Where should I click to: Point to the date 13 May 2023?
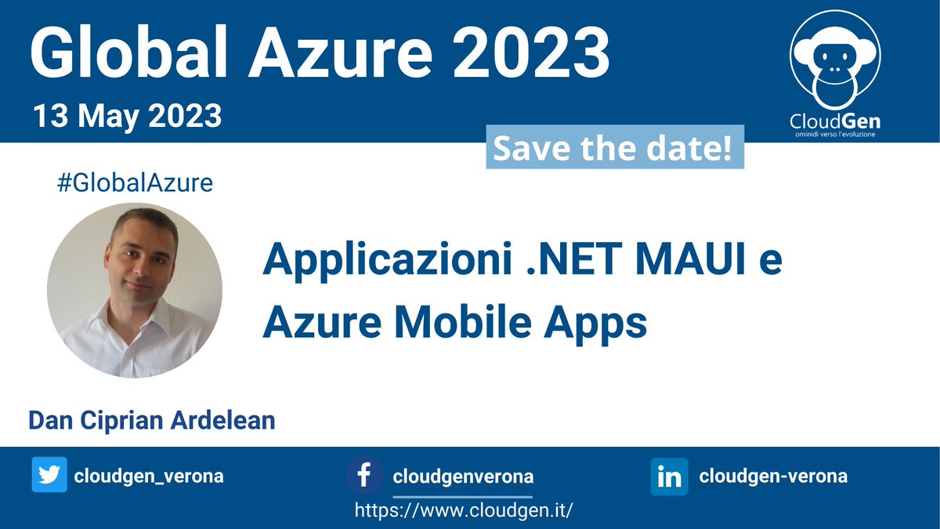click(x=127, y=117)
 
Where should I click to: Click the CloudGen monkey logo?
click(x=835, y=63)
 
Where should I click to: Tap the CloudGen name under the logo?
click(x=834, y=121)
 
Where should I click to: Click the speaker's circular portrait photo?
click(x=135, y=290)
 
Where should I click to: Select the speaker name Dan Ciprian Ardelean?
click(x=152, y=420)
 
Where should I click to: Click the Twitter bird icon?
click(x=49, y=476)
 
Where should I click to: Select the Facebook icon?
click(x=364, y=476)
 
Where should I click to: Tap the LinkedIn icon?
click(x=669, y=476)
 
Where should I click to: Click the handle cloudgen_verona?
click(x=149, y=476)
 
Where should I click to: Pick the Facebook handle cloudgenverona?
click(x=463, y=476)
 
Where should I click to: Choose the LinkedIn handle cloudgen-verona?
click(x=773, y=476)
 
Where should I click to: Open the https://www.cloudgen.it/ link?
click(x=464, y=510)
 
